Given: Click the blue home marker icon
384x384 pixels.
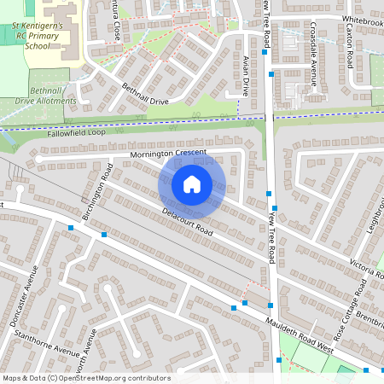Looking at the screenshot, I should tap(192, 183).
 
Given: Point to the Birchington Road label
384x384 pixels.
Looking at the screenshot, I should tap(95, 198).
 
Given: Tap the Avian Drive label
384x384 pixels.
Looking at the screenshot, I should tap(246, 76).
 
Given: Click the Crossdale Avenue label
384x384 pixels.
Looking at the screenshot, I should tap(314, 65).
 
